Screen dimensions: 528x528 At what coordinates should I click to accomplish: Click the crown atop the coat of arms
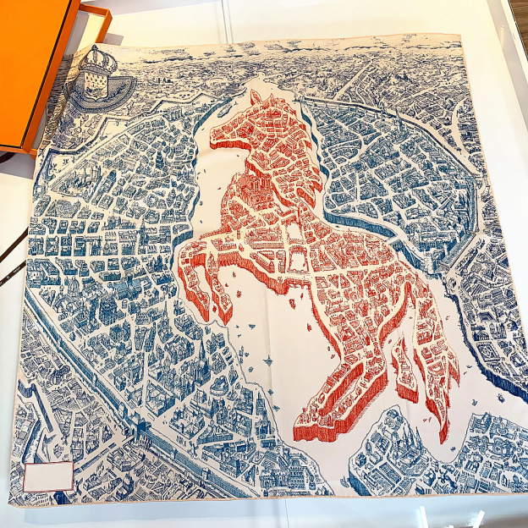pyautogui.click(x=99, y=59)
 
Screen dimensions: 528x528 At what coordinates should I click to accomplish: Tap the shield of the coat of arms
pyautogui.click(x=94, y=86)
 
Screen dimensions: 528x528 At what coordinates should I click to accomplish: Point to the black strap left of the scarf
pyautogui.click(x=12, y=258)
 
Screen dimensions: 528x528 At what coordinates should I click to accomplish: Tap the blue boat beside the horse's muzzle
pyautogui.click(x=222, y=111)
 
